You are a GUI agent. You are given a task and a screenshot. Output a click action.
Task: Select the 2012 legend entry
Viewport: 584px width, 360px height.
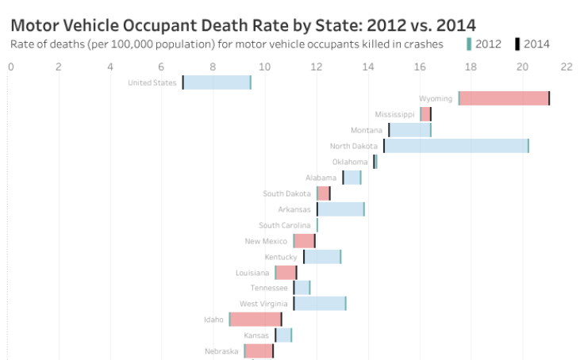pyautogui.click(x=484, y=44)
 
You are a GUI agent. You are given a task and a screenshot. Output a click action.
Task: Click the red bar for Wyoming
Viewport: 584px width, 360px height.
pyautogui.click(x=504, y=98)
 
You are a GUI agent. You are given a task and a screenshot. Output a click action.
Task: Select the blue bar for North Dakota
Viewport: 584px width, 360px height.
pyautogui.click(x=456, y=146)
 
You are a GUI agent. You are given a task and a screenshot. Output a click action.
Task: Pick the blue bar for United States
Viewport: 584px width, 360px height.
pyautogui.click(x=217, y=82)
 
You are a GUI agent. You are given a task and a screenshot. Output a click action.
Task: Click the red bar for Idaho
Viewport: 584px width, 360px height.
pyautogui.click(x=255, y=320)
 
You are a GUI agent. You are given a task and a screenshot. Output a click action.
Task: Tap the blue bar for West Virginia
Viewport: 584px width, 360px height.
pyautogui.click(x=320, y=304)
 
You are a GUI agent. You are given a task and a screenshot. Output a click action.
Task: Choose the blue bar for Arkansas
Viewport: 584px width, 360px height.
pyautogui.click(x=340, y=209)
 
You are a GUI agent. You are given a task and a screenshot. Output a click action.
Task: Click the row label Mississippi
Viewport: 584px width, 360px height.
pyautogui.click(x=394, y=114)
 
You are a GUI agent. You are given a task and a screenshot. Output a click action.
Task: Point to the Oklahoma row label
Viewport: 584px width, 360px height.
pyautogui.click(x=350, y=162)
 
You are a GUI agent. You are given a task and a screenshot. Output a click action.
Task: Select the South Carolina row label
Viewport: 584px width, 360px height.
pyautogui.click(x=286, y=225)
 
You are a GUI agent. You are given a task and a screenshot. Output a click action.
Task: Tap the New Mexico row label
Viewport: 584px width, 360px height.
pyautogui.click(x=267, y=241)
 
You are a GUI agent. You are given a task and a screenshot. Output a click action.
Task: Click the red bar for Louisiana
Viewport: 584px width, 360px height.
pyautogui.click(x=286, y=273)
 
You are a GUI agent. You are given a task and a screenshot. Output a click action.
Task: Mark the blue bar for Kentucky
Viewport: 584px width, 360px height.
pyautogui.click(x=322, y=257)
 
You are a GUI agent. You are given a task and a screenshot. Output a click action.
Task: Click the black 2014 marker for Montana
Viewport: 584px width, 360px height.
pyautogui.click(x=389, y=130)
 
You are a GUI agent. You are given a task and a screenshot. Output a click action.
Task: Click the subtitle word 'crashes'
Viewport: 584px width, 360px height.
pyautogui.click(x=423, y=44)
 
